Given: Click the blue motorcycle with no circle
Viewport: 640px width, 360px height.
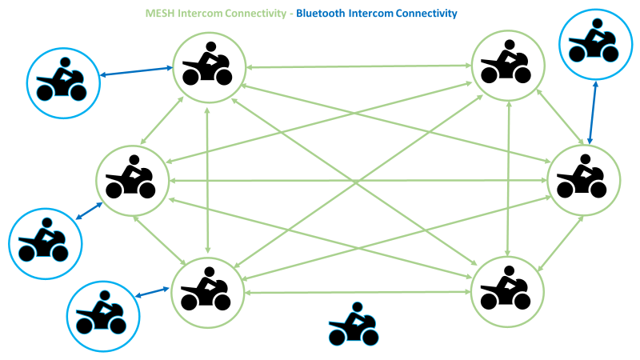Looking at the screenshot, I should coord(353,326).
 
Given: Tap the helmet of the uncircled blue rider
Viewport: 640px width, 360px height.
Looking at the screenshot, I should coord(356,307).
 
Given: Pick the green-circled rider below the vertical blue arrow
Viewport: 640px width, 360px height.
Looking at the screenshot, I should coord(583,180).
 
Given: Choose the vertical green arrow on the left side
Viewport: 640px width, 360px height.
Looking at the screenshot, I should coord(208,180).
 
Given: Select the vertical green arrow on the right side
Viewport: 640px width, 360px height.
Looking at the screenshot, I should coord(508,180).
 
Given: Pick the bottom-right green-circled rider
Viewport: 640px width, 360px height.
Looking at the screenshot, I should coord(508,292).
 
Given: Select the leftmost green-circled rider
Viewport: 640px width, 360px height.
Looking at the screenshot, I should coord(132,180).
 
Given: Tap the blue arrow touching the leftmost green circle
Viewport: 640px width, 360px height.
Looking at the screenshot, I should coord(88,210).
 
